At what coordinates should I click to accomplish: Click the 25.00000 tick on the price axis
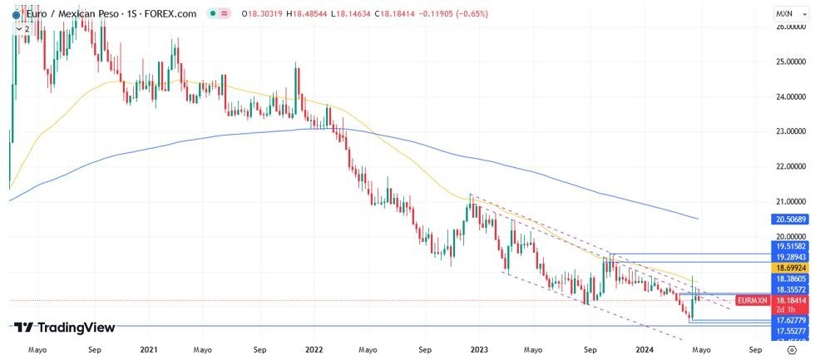pos(792,62)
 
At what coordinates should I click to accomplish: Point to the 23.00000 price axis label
pos(792,131)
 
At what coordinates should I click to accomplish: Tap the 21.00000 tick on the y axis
pos(792,201)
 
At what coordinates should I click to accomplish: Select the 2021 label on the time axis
pos(151,350)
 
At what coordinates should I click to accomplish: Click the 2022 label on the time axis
pos(314,350)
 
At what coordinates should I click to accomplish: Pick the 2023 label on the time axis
pos(479,350)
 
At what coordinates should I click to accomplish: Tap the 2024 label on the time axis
pos(645,350)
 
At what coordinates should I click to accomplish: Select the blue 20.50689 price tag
pos(792,219)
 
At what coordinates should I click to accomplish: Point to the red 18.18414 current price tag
pos(792,299)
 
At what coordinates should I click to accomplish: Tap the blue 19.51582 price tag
pos(792,247)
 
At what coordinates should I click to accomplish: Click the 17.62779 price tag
pos(792,319)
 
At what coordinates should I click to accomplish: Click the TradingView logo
pos(65,328)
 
